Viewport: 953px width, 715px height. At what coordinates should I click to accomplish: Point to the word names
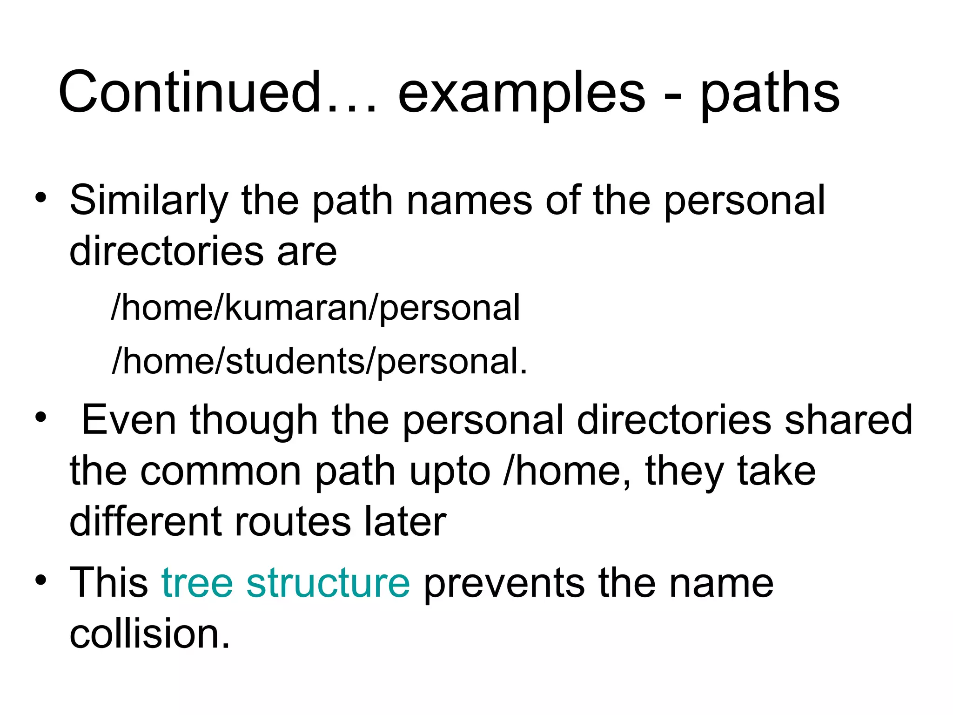click(x=470, y=201)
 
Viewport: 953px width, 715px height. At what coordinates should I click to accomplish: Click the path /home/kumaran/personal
click(x=315, y=308)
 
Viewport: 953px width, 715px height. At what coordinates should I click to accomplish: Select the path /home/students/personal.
click(x=320, y=361)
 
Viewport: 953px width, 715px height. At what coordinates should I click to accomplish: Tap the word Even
click(x=129, y=420)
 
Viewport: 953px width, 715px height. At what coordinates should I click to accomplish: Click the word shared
click(x=848, y=420)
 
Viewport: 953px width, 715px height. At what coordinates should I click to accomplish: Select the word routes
click(x=293, y=522)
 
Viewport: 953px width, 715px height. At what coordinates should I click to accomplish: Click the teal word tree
click(x=197, y=583)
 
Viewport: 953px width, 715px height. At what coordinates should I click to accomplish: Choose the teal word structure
click(x=328, y=583)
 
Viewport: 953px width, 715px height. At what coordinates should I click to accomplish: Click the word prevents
click(x=504, y=584)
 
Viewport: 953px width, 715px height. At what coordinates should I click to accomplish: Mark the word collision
click(x=149, y=634)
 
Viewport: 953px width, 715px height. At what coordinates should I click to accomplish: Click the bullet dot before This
click(x=41, y=580)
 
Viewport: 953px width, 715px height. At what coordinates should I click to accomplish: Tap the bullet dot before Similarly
click(x=41, y=198)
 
